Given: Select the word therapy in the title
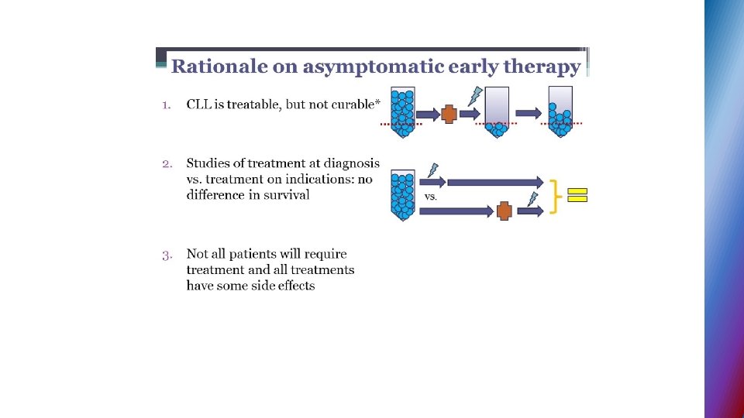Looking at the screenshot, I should coord(542,67).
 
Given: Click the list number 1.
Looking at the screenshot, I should coord(165,104).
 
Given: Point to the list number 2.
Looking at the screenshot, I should coord(166,163).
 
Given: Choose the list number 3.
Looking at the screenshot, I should coord(166,255).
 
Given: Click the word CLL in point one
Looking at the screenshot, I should coord(198,104).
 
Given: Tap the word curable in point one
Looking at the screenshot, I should coord(353,104).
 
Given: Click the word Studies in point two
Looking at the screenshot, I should coord(209,163).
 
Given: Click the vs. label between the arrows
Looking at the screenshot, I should coord(431,197).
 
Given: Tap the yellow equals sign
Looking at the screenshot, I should coord(577,195).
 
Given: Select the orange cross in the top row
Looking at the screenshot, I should coord(448,114).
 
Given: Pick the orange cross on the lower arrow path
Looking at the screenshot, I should coord(505,210).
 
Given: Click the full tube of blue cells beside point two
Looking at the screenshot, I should coord(403,195).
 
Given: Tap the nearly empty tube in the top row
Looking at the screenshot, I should coord(496,112).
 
